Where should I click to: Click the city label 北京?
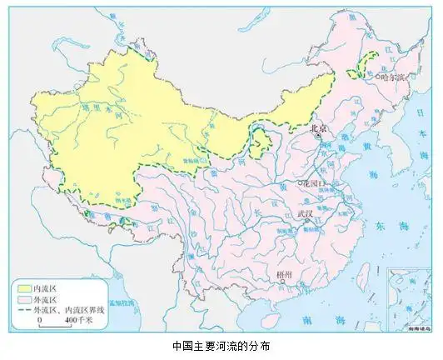[x=320, y=128]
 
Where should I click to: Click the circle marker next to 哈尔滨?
[x=377, y=77]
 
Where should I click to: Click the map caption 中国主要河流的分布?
[x=221, y=345]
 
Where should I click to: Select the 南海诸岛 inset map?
[x=405, y=305]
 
